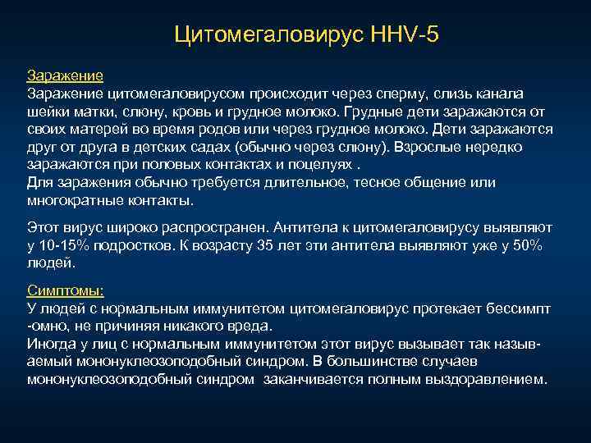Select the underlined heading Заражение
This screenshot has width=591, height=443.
pos(65,75)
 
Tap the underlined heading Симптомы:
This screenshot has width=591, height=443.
pos(66,290)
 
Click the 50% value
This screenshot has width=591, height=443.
pos(525,246)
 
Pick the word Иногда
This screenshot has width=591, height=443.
pos(52,345)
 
